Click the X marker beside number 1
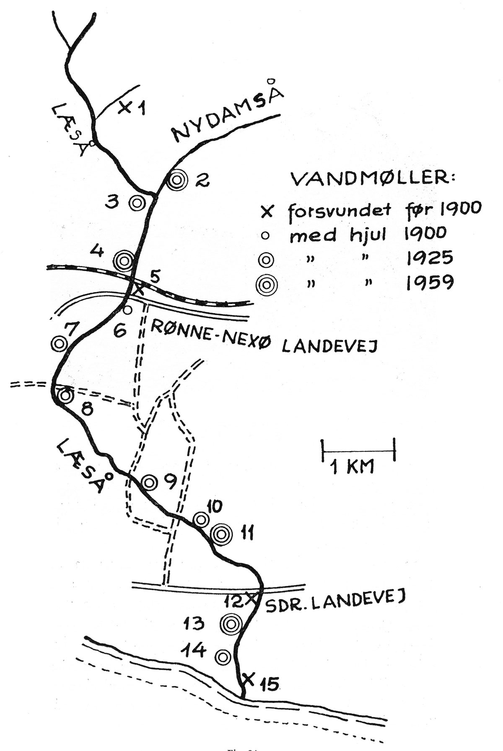[124, 107]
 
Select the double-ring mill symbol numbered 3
[137, 203]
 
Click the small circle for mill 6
[128, 310]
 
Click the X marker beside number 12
[252, 598]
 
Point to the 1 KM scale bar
[359, 451]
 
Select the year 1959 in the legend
[429, 283]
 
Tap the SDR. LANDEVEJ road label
[333, 602]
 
